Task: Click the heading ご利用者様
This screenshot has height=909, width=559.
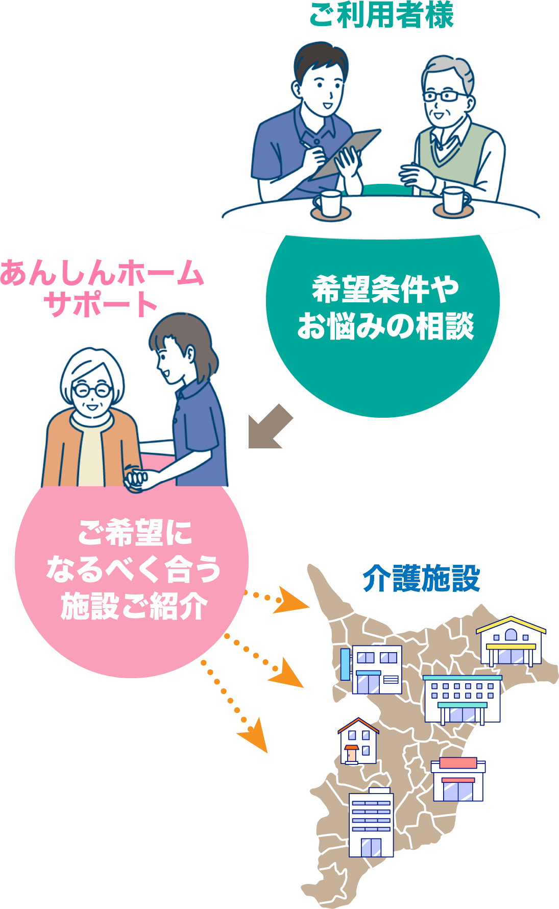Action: point(381,15)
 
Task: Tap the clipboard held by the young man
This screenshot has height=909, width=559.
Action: point(347,153)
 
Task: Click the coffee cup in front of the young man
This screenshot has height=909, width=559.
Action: point(329,204)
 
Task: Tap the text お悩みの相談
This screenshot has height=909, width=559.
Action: point(385,326)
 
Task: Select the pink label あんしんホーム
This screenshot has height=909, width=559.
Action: point(102,273)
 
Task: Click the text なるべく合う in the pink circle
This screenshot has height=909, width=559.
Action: point(133,569)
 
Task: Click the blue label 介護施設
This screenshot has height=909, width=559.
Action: point(421,578)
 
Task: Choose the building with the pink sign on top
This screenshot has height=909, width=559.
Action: point(458,779)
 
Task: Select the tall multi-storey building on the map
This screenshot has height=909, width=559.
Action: point(371,822)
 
